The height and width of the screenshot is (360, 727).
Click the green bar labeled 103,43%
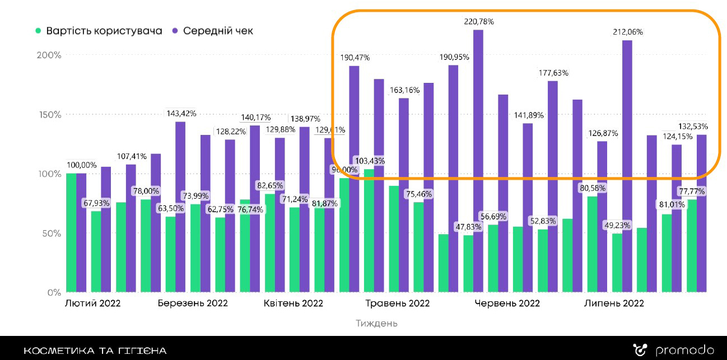pos(369,230)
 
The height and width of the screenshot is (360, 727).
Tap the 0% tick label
pos(54,292)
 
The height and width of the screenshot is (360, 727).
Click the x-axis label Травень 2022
pos(398,303)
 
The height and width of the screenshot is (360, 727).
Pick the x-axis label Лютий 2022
pos(93,303)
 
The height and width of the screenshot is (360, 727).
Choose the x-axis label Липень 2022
pos(614,303)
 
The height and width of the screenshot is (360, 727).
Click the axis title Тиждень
pos(376,323)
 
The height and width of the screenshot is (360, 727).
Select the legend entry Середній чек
pos(217,31)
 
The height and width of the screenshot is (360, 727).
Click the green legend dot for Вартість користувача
pos(38,31)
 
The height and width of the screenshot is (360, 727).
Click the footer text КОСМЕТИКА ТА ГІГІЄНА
pos(95,351)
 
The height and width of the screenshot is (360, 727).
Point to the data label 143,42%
pos(181,113)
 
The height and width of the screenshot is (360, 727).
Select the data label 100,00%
pos(82,165)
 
